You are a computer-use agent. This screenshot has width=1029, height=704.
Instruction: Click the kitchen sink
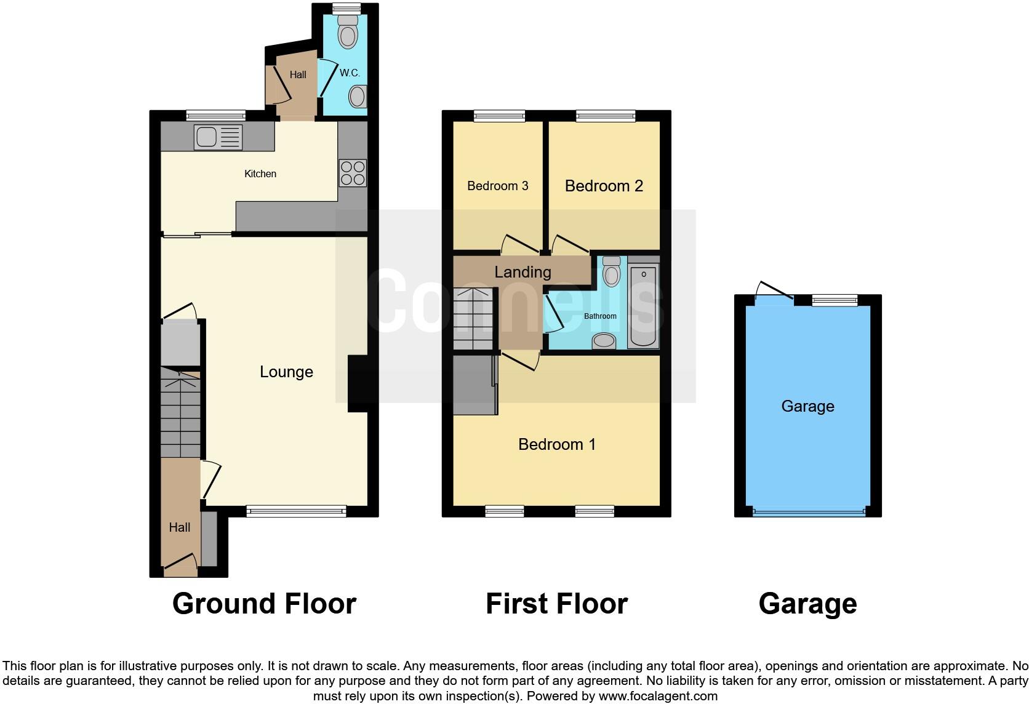coord(218,137)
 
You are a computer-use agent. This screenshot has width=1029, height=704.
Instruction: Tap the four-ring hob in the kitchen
coord(353,173)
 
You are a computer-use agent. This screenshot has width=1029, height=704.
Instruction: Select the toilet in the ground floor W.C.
coord(348,32)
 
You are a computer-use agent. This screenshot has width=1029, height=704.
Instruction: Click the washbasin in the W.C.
coord(358,97)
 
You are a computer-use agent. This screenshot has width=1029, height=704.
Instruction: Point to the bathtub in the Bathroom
coord(643,306)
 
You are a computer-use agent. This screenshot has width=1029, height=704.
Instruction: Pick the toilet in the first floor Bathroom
coord(611,272)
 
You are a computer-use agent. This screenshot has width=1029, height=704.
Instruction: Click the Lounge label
coord(286,372)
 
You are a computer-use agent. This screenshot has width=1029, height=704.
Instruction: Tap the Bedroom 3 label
coord(497,186)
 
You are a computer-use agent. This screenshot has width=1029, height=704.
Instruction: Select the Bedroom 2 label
coord(604,186)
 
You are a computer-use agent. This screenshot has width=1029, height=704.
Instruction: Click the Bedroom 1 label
coord(557,444)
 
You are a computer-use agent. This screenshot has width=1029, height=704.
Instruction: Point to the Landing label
coord(523,272)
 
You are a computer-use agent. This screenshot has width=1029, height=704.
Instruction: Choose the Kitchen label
coord(260,174)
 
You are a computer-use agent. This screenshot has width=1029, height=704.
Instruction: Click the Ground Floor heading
coord(264,604)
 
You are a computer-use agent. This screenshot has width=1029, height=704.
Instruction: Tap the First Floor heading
coord(556,604)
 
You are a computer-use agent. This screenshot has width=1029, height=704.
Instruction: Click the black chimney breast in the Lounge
coord(358,383)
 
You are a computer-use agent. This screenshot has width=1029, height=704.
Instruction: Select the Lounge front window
coord(296,511)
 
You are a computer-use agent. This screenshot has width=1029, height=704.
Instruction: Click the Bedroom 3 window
coord(499,115)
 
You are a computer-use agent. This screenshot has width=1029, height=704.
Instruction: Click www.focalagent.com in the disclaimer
coord(658,696)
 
